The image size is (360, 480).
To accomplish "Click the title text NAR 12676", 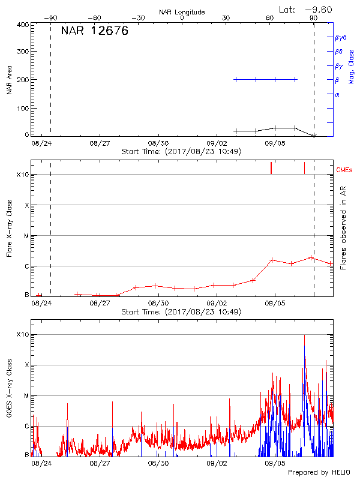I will pos(95,32).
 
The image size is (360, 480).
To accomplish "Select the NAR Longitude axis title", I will pos(182,12).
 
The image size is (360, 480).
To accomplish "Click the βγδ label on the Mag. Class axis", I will pos(341,37).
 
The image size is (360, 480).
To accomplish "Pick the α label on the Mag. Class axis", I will pos(337,94).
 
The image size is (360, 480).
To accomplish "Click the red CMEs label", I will pos(345,170).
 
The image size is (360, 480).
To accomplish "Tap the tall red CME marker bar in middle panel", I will pos(271,168).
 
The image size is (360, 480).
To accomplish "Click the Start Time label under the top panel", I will pos(181,151).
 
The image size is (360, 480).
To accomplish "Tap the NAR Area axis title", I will pos(9,80).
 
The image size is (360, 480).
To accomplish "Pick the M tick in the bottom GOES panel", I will pos(26,396).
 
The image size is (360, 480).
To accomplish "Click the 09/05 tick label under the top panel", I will pos(275,143).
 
